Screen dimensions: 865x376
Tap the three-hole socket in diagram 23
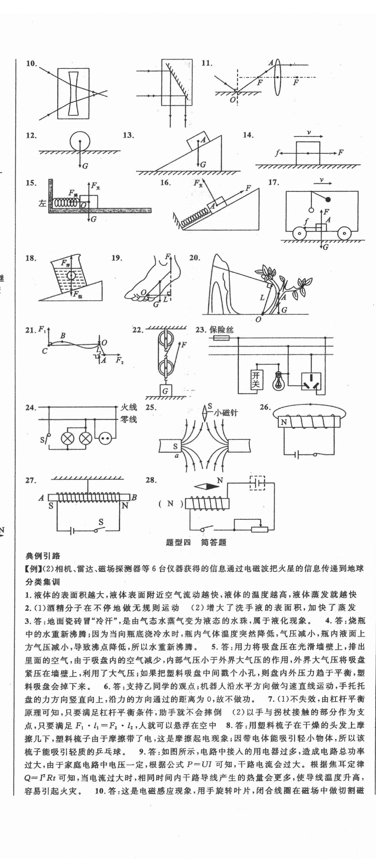pos(311,382)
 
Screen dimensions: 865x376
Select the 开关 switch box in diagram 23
pos(257,380)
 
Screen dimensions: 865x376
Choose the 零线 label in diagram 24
pos(129,419)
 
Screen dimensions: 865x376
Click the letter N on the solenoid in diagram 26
pos(284,422)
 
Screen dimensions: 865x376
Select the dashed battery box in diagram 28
pos(257,483)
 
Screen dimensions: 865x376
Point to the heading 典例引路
pos(43,556)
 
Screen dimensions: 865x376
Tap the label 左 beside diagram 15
pos(42,203)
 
